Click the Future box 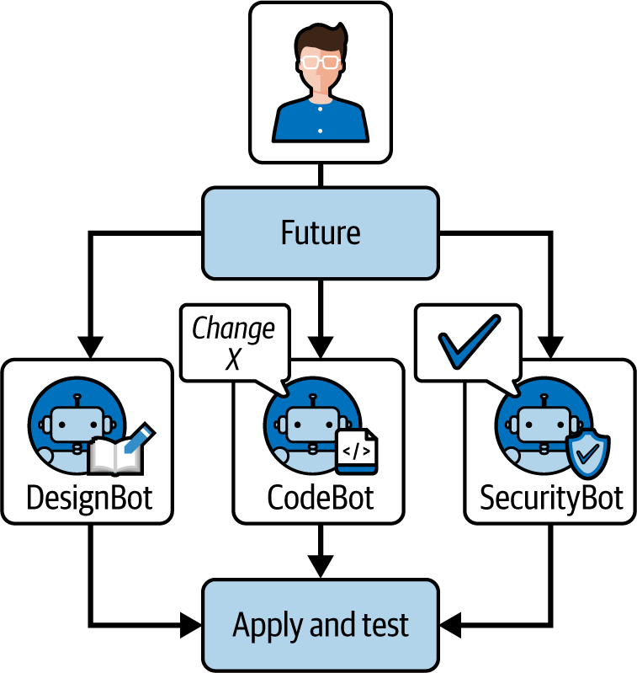(x=320, y=232)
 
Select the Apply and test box (x=320, y=625)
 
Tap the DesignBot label (x=89, y=498)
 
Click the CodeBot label (x=320, y=498)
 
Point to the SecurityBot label (x=551, y=498)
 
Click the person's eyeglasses (x=321, y=61)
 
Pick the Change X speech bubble (x=233, y=342)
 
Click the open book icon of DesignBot (x=115, y=457)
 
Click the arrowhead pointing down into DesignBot (x=89, y=346)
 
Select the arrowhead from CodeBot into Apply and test (x=321, y=567)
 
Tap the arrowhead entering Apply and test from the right (x=449, y=625)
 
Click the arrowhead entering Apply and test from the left (x=191, y=625)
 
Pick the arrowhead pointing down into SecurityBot (x=551, y=346)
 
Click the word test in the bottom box (x=384, y=625)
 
